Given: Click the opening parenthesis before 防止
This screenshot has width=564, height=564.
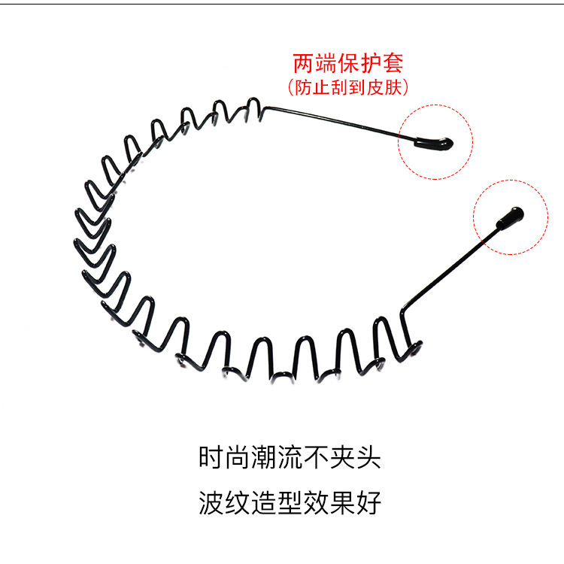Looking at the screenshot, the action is (x=293, y=88).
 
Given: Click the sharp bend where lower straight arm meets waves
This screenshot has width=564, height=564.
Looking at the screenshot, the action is (x=413, y=319).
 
